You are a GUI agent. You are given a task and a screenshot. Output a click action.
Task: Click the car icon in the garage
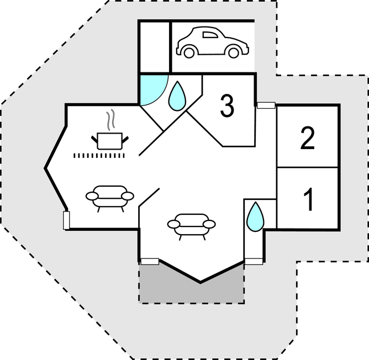[x=212, y=43]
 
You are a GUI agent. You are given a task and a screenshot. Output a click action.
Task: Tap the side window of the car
[x=210, y=35]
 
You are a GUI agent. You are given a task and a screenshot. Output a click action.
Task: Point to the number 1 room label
[x=308, y=199]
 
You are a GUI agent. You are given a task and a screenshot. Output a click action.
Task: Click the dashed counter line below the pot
[x=100, y=156]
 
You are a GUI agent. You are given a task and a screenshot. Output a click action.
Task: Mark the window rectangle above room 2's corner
[x=267, y=105]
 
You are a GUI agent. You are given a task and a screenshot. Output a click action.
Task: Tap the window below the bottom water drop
[x=254, y=261]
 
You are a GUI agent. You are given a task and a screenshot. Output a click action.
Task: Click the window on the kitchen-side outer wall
[x=66, y=220]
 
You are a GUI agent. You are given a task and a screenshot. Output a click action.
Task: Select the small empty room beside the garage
[x=154, y=47]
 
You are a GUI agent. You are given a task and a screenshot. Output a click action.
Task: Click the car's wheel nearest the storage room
[x=189, y=52]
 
